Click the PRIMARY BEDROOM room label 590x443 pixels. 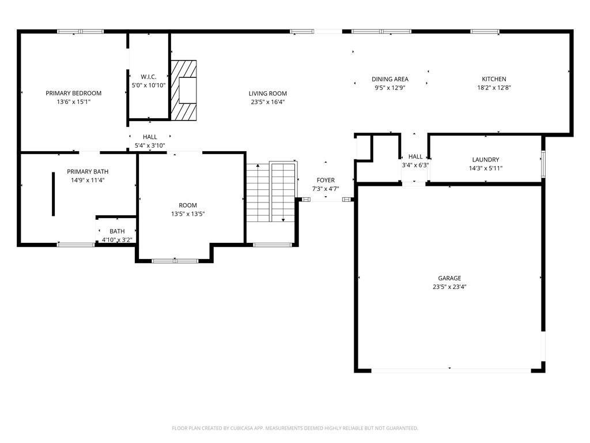74,93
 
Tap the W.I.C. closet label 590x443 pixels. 149,77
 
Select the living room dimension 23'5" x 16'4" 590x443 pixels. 268,102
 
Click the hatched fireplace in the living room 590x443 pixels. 184,90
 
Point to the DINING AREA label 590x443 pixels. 390,80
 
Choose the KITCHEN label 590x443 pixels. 494,80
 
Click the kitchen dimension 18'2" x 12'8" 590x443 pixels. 494,88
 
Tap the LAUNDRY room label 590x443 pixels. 486,160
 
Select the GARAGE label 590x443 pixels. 449,279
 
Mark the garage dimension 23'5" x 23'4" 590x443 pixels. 449,287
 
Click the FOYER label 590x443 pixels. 326,181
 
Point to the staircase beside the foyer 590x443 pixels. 271,192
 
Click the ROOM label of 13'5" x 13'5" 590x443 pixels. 188,205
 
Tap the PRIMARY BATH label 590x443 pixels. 88,172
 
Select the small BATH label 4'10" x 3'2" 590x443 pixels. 117,231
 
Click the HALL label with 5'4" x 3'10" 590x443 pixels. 150,137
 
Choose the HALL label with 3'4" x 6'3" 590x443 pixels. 415,157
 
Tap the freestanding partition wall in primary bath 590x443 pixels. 54,194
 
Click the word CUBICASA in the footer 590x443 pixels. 236,428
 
